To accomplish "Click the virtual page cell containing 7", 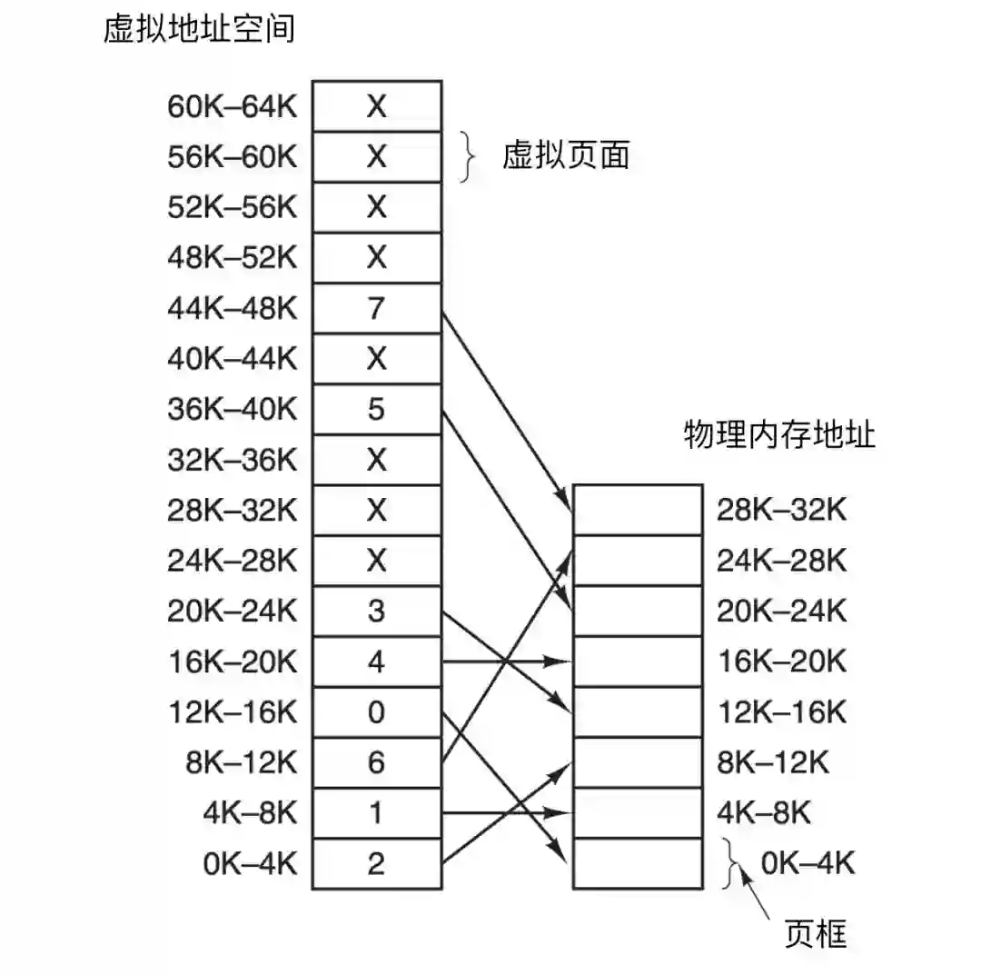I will pos(377,309).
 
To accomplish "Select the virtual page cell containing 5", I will pos(377,410).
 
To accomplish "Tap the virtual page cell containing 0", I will pos(377,711).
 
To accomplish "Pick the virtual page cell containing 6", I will pos(377,762).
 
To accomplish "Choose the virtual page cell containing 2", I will pos(377,863).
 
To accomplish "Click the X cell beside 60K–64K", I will pos(377,106).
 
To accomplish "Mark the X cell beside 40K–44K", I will pos(377,359).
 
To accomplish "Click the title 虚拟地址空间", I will pos(199,29).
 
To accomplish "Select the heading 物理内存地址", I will pos(778,435).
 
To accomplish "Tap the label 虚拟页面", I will pos(565,156).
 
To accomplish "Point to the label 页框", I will pos(815,933).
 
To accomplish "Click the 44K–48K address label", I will pos(233,309).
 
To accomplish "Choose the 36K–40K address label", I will pos(233,410).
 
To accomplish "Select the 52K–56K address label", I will pos(233,208).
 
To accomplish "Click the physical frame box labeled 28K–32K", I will pos(638,510).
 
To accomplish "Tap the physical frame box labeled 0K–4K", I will pos(638,863).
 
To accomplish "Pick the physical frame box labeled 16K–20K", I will pos(638,662).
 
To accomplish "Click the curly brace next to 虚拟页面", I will pos(468,157).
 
